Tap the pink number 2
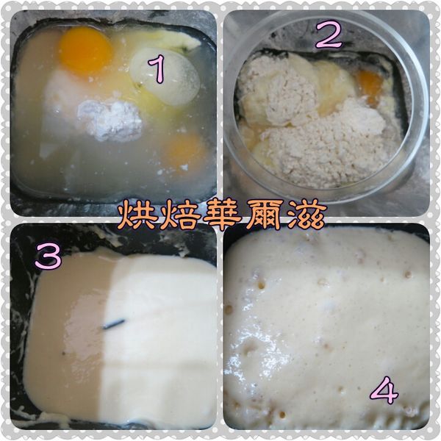coord(329,33)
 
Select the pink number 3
coord(47,257)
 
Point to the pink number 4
coord(384,390)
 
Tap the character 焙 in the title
coord(179,215)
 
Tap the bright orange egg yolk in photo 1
coord(85,50)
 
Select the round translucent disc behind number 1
coord(165,77)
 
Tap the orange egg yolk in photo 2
coord(370,83)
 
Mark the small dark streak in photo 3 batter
coord(114,323)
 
